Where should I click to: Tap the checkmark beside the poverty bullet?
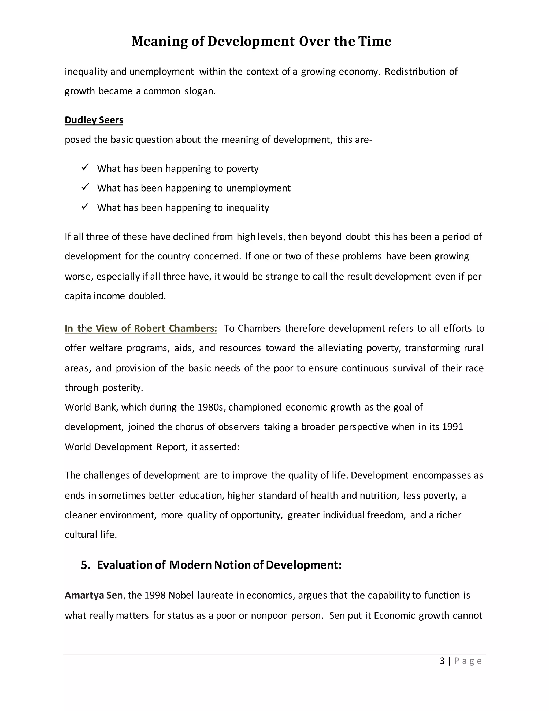85,168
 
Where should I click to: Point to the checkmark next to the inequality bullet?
85,207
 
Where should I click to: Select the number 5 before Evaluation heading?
85,565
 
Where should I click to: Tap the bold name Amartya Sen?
94,595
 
